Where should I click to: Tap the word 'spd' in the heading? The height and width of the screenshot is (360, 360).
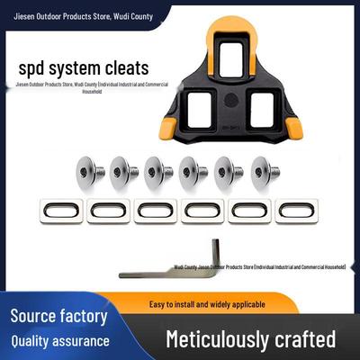pyautogui.click(x=31, y=69)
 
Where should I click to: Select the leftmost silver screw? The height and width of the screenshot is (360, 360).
pyautogui.click(x=89, y=172)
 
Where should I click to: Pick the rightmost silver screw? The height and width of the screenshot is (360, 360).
pyautogui.click(x=265, y=172)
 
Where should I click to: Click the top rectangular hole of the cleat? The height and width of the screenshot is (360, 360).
pyautogui.click(x=230, y=59)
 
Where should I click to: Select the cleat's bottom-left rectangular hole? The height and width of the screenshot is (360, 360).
pyautogui.click(x=200, y=110)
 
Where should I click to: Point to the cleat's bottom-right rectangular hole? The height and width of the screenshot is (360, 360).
pyautogui.click(x=262, y=110)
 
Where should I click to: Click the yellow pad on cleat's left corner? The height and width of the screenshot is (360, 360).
pyautogui.click(x=168, y=129)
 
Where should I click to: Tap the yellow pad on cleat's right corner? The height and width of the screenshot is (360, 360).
pyautogui.click(x=293, y=129)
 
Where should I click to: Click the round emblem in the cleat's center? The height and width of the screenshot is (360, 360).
pyautogui.click(x=230, y=98)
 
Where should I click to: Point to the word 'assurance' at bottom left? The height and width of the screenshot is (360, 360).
pyautogui.click(x=81, y=341)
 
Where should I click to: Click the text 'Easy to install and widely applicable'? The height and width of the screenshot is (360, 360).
pyautogui.click(x=207, y=304)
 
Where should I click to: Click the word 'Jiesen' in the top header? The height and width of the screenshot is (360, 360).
pyautogui.click(x=24, y=16)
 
